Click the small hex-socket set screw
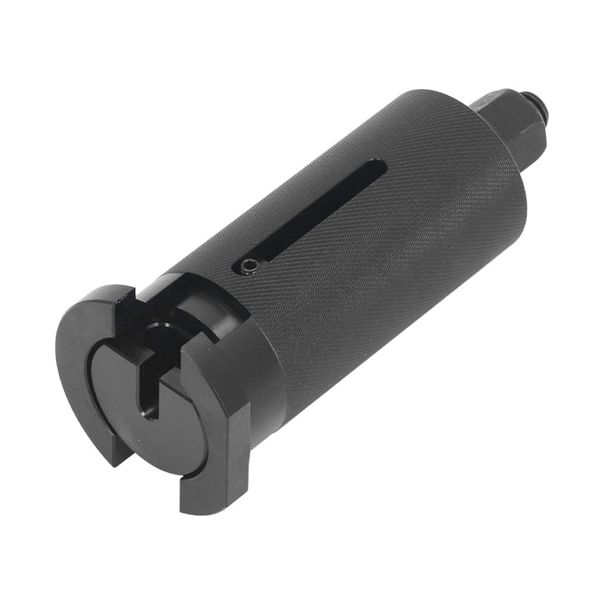point(249,265)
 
